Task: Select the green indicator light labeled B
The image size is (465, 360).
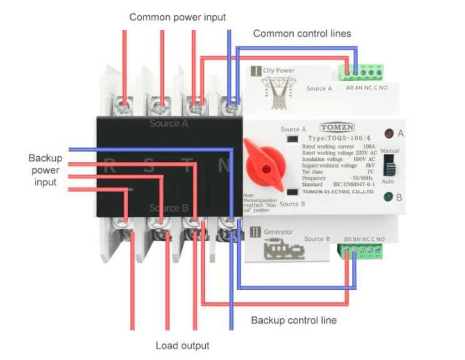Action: click(x=387, y=197)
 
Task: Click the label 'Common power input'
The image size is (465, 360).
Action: click(x=177, y=17)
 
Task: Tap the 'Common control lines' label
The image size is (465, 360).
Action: click(x=302, y=34)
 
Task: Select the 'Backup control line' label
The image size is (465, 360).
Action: click(x=294, y=320)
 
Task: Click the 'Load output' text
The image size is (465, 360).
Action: click(x=183, y=346)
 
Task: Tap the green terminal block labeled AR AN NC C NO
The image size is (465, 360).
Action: click(x=362, y=73)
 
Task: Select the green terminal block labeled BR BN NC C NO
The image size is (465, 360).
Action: click(x=362, y=251)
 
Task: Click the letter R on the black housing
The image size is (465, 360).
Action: click(x=109, y=167)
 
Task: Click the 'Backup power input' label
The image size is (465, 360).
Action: click(x=45, y=170)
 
